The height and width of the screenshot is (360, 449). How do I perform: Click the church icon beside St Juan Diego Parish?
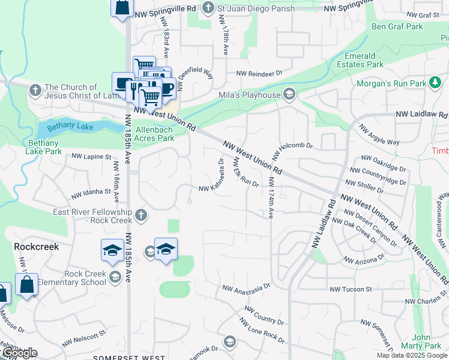(x=208, y=8)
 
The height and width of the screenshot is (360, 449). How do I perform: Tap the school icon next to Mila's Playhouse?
(x=289, y=94)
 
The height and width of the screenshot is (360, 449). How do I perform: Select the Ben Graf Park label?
(x=397, y=26)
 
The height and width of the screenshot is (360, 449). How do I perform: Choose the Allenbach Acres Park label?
(x=155, y=134)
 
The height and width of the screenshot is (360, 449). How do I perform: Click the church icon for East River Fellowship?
(x=140, y=215)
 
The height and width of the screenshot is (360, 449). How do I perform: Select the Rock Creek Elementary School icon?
(x=115, y=277)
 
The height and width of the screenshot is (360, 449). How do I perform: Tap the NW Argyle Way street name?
(x=379, y=136)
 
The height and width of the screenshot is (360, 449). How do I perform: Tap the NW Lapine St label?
(x=91, y=157)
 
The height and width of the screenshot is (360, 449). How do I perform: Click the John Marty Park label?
(x=426, y=341)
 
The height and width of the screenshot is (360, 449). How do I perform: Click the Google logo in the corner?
(x=19, y=353)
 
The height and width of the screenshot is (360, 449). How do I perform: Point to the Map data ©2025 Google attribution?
(x=412, y=355)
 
